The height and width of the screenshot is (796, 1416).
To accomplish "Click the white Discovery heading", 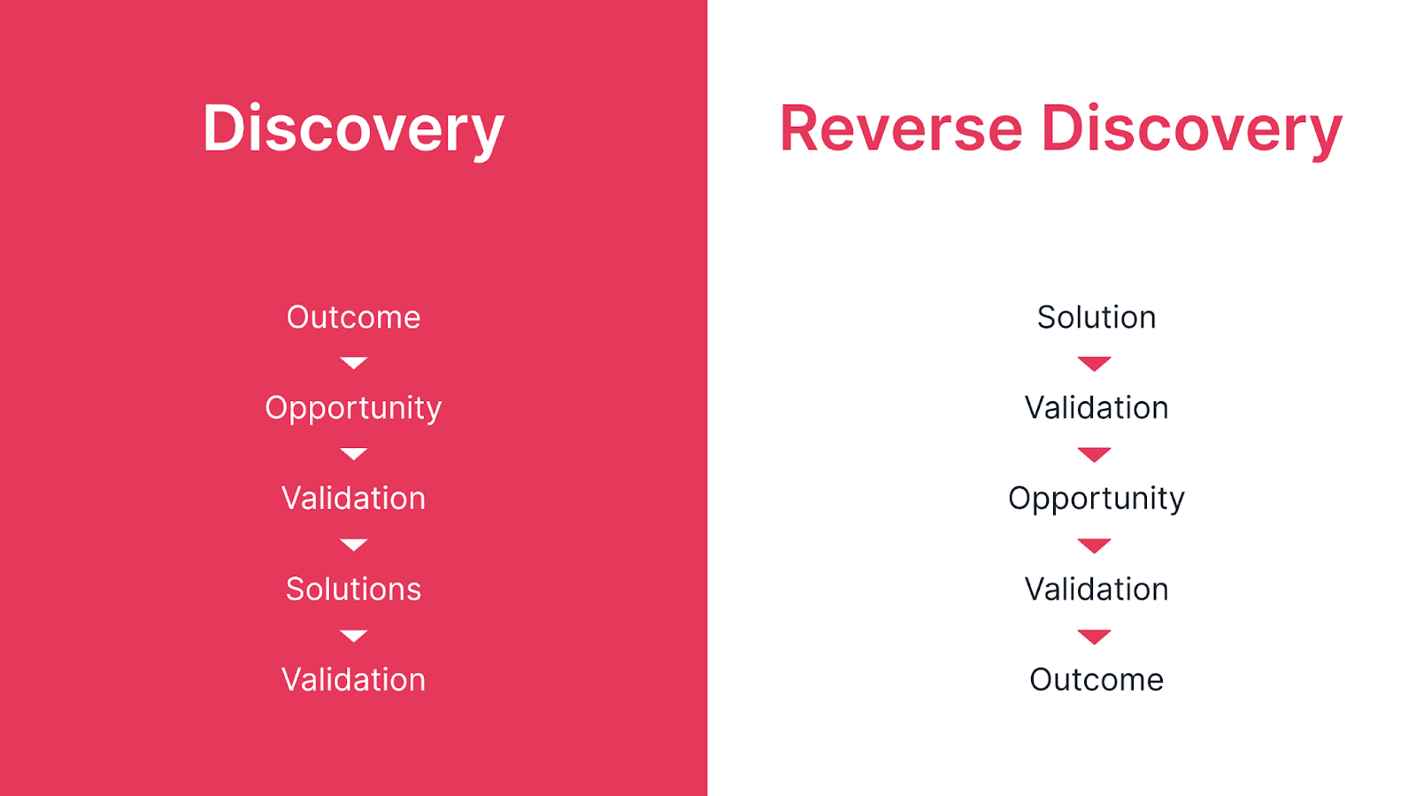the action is (353, 129).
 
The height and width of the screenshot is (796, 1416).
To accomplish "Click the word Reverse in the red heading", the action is (901, 128).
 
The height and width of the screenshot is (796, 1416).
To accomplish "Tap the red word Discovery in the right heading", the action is (1191, 129).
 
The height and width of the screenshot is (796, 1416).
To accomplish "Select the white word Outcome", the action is (353, 317).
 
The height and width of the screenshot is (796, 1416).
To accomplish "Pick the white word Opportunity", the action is (353, 409).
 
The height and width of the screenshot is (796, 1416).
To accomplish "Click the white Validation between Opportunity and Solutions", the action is (353, 498).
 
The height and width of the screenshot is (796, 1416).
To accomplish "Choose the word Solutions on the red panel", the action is (353, 590).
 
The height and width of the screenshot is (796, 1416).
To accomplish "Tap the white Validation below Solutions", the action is (353, 680).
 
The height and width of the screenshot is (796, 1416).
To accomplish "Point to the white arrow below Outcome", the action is (353, 363).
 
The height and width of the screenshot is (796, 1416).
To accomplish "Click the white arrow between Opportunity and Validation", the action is (353, 454).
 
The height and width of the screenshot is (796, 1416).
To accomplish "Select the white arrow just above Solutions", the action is (353, 545).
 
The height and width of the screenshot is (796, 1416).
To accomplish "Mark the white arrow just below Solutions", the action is (353, 636).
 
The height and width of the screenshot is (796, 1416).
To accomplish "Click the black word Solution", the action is (1097, 317).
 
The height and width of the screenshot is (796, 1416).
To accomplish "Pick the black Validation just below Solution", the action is (1097, 408).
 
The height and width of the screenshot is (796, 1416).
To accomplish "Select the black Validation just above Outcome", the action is (1097, 590).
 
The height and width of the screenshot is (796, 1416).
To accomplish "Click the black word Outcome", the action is (1097, 680).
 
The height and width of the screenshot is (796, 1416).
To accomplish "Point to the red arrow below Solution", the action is (1094, 364).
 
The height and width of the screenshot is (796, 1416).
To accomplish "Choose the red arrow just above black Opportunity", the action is (1094, 454).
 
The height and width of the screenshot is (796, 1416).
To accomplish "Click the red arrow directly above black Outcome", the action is (1094, 637).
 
